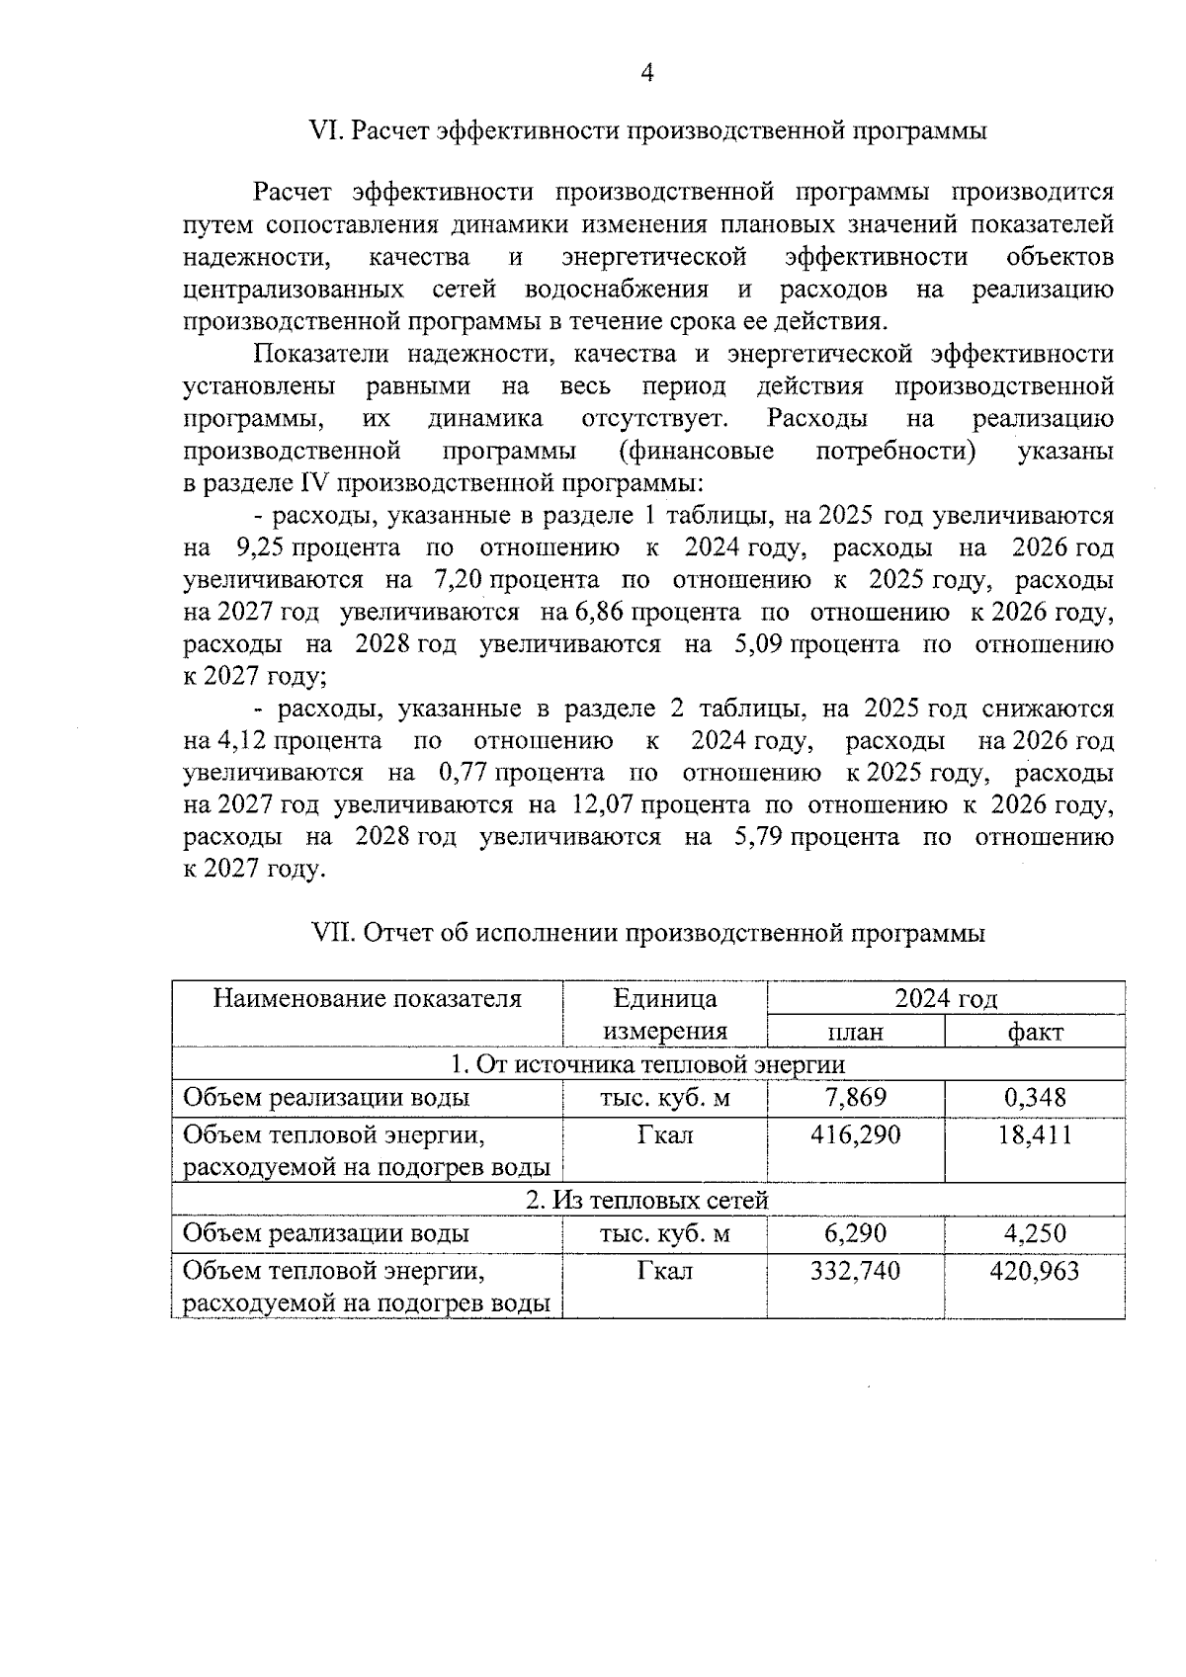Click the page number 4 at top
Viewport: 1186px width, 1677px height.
[647, 72]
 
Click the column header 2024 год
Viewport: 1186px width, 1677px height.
[946, 998]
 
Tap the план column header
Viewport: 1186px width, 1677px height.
[855, 1032]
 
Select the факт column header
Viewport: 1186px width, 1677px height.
[1035, 1032]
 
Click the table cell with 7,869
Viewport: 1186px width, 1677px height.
[855, 1098]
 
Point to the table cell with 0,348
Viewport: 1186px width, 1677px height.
[1035, 1098]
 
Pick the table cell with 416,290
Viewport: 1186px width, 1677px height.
[855, 1134]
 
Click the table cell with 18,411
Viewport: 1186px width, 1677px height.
[1035, 1134]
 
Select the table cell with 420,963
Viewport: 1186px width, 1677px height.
[1035, 1271]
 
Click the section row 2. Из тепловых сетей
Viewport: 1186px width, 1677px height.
[647, 1201]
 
